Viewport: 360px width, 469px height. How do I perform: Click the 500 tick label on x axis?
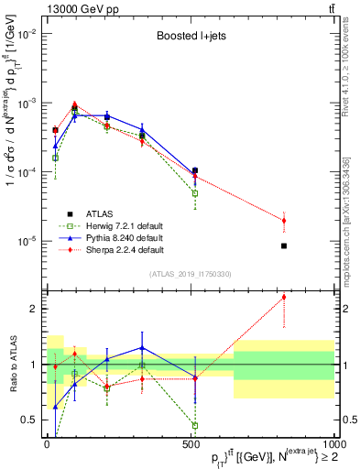pyautogui.click(x=190, y=443)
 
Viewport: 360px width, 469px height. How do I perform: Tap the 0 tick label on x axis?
pyautogui.click(x=47, y=443)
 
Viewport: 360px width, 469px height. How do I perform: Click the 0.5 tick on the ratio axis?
pyautogui.click(x=29, y=420)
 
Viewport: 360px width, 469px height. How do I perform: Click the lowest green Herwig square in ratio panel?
pyautogui.click(x=195, y=425)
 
